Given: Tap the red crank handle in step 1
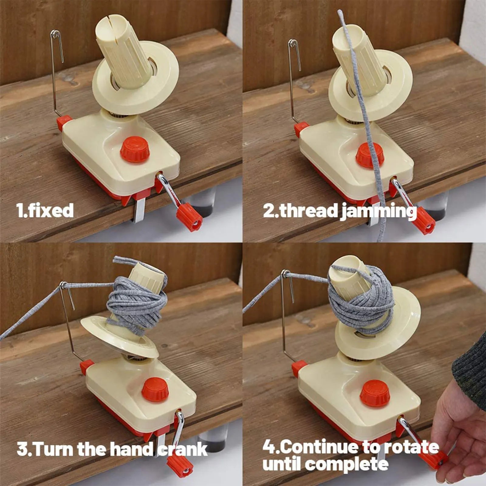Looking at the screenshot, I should tap(189, 217).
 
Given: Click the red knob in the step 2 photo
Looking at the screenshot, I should tap(370, 155).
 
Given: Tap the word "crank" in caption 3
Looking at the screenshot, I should tap(182, 450).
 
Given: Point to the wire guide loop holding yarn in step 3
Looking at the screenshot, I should tap(63, 285).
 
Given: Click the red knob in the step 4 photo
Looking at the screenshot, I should tap(374, 393).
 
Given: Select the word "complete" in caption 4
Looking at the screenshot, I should tap(346, 465).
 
